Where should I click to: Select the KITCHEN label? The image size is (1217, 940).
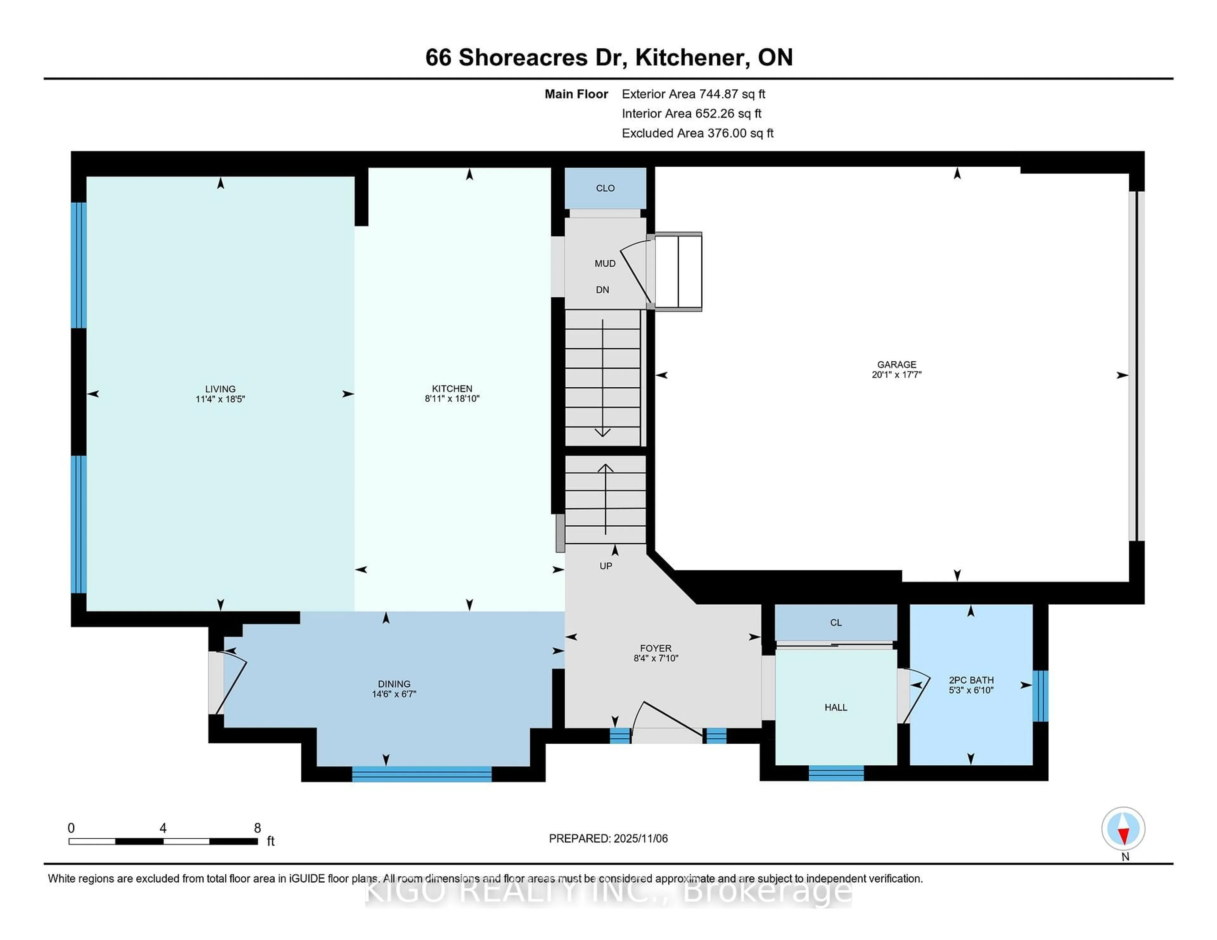click(452, 389)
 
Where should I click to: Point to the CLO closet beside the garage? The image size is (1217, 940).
click(605, 188)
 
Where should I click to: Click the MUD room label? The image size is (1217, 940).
click(605, 264)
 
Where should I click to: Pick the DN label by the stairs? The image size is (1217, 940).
click(602, 289)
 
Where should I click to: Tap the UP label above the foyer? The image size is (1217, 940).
click(606, 566)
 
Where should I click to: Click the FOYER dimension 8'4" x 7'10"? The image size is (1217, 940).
click(656, 658)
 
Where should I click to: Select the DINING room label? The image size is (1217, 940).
click(394, 684)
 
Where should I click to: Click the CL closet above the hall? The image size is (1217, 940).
click(836, 623)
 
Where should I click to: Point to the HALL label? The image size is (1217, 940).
click(836, 707)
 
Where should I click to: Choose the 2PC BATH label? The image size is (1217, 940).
click(971, 680)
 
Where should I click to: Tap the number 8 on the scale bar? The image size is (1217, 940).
click(257, 828)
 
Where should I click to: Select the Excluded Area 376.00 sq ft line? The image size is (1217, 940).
click(697, 133)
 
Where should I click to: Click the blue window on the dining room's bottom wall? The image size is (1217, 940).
click(422, 774)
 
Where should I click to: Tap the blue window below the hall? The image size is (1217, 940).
click(836, 773)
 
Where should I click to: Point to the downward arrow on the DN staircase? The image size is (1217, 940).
click(602, 432)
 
